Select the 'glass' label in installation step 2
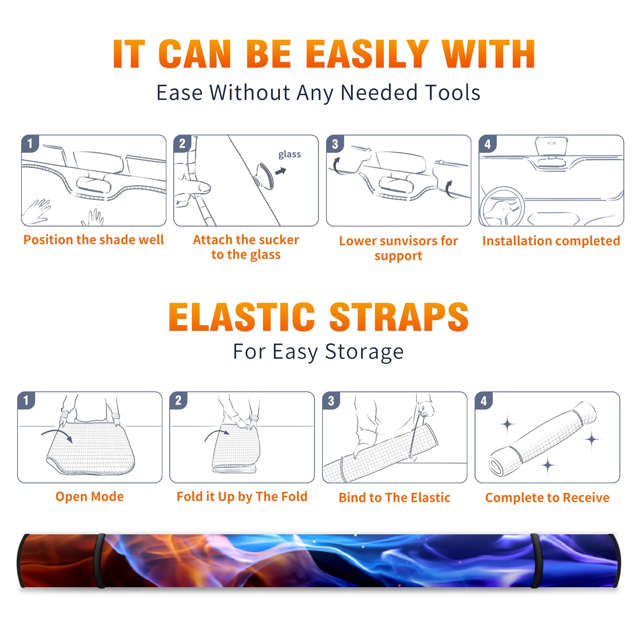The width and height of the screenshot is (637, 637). coord(289,154)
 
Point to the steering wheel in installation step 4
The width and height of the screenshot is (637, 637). coord(502,207)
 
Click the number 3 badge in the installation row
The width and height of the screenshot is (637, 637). coord(334,144)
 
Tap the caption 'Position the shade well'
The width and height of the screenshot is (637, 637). coord(94,240)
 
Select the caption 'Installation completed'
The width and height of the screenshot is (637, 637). coord(551,240)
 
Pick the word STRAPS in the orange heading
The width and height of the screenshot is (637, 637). coord(399,317)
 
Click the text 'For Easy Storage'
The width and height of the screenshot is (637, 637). coord(318,352)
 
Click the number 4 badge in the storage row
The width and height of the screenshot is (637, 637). coord(483,401)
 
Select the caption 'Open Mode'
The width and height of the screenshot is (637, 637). coord(90,496)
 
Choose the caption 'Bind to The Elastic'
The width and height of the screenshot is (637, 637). coord(395,497)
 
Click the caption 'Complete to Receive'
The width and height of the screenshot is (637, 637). coord(547,497)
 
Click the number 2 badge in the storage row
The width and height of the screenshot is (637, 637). coord(178,401)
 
